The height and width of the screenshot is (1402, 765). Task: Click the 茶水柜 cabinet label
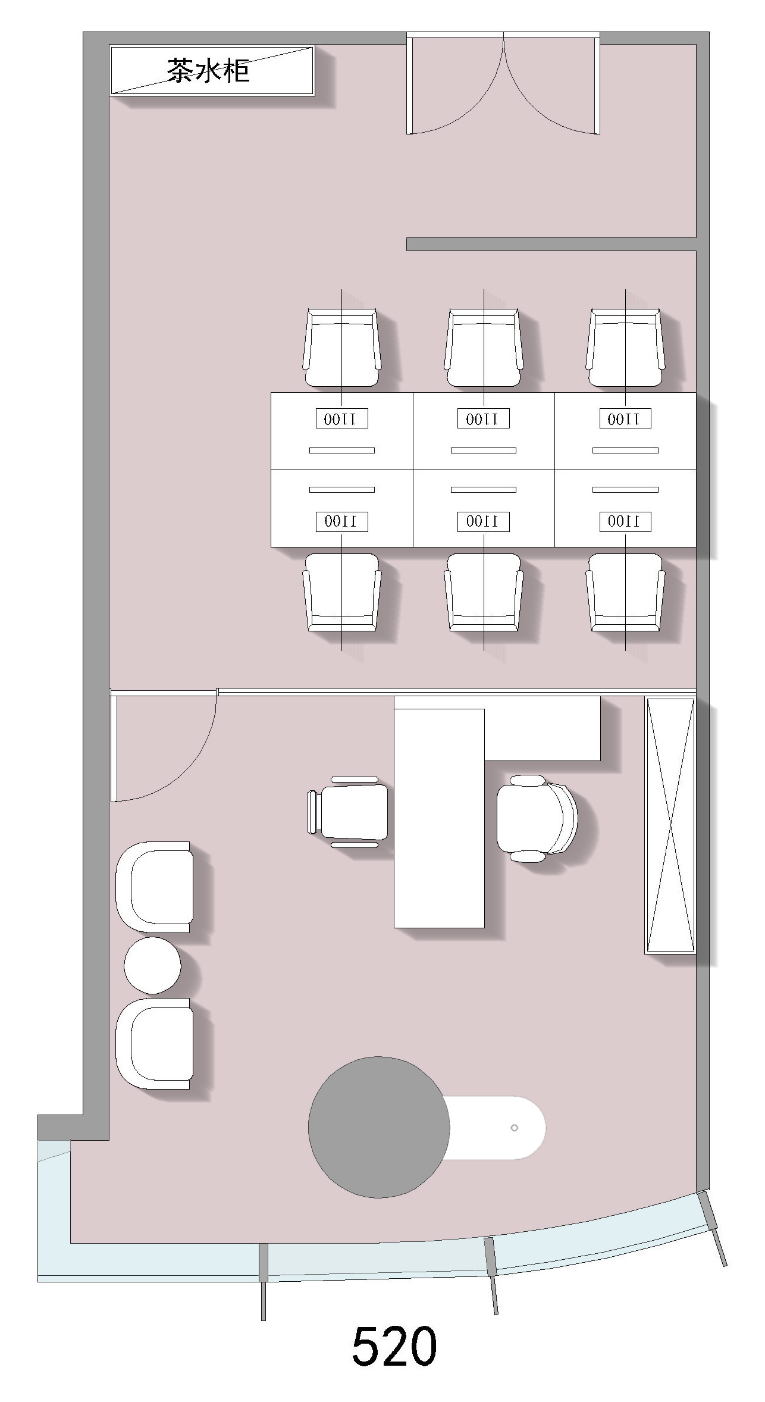click(208, 70)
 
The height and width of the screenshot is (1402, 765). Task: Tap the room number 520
click(394, 1345)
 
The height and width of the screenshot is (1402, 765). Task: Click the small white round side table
click(152, 965)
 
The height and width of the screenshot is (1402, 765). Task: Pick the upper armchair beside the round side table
click(154, 887)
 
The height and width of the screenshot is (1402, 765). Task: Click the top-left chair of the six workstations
click(341, 348)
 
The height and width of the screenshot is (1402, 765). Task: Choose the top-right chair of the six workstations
click(625, 348)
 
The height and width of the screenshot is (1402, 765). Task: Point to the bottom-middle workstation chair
click(484, 593)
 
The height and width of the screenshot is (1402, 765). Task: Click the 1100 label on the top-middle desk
click(484, 419)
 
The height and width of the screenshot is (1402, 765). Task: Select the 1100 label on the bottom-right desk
click(625, 521)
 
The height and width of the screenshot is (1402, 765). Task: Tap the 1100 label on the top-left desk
click(341, 419)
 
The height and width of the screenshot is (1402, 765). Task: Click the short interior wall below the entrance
click(551, 244)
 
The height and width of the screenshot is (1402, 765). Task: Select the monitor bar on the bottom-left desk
click(342, 490)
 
